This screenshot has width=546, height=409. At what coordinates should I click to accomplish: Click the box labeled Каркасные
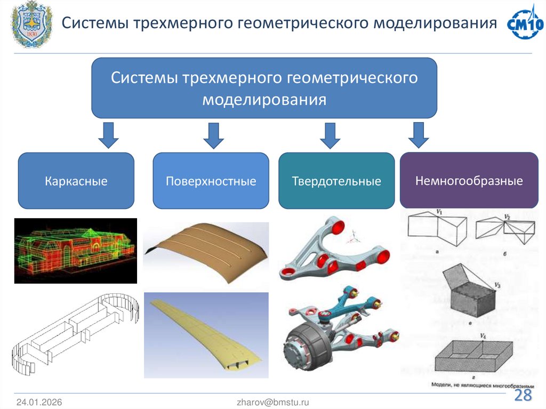[x=76, y=181]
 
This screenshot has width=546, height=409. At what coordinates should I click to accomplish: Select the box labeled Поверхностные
[x=211, y=181]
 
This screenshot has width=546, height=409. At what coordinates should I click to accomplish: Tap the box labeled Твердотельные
[x=336, y=181]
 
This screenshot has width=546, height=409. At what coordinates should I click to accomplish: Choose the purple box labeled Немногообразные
[x=469, y=180]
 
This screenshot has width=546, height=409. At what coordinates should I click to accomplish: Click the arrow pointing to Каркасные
[x=109, y=135]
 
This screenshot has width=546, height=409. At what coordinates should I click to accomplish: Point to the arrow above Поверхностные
[x=214, y=135]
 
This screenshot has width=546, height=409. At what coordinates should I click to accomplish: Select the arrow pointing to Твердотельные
[x=330, y=135]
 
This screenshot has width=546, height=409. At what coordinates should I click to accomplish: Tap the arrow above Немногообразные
[x=419, y=134]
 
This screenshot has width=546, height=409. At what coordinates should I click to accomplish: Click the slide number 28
[x=523, y=396]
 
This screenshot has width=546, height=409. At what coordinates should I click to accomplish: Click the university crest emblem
[x=32, y=25]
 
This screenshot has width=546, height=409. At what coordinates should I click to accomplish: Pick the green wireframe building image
[x=75, y=251]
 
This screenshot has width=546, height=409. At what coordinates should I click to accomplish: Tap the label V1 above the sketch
[x=439, y=212]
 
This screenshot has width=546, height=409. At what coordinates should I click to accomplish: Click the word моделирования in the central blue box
[x=264, y=100]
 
